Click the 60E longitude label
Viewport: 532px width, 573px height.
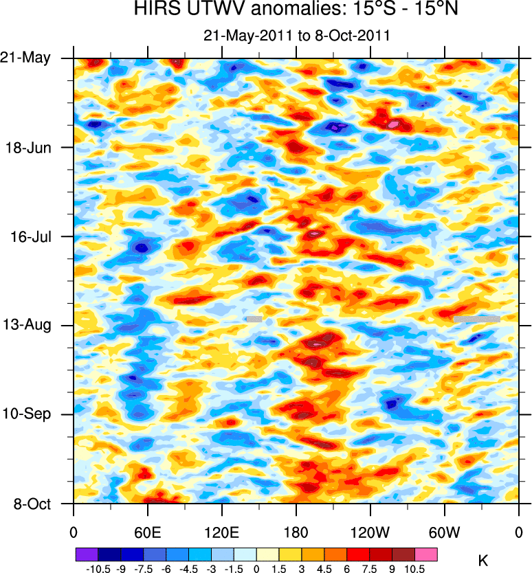point(147,531)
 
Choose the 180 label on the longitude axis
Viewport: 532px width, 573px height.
point(296,531)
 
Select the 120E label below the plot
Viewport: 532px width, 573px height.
point(221,531)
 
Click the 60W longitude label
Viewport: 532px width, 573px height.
point(444,531)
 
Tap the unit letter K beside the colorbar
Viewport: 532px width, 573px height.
point(483,561)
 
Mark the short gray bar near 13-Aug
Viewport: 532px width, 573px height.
point(254,319)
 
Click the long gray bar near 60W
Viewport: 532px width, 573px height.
point(476,319)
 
